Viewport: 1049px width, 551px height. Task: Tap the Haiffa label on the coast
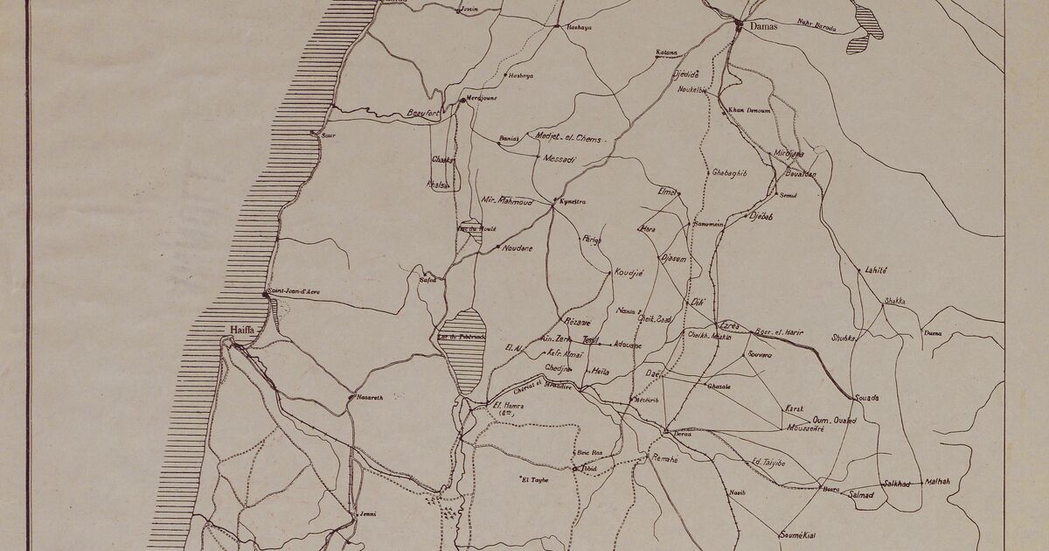pyautogui.click(x=242, y=329)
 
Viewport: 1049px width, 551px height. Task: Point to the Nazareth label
pyautogui.click(x=371, y=397)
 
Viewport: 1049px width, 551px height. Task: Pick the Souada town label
pyautogui.click(x=866, y=398)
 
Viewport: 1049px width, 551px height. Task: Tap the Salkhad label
pyautogui.click(x=896, y=483)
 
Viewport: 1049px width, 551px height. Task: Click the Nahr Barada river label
pyautogui.click(x=816, y=24)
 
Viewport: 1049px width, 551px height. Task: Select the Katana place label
pyautogui.click(x=666, y=52)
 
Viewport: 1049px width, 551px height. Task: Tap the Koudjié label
pyautogui.click(x=629, y=272)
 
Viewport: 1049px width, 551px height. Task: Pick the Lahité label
pyautogui.click(x=876, y=271)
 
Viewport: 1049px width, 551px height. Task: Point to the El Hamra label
pyautogui.click(x=507, y=405)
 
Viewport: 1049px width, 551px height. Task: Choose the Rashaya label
pyautogui.click(x=579, y=28)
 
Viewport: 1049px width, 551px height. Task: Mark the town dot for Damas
pyautogui.click(x=739, y=24)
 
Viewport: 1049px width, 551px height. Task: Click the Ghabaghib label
pyautogui.click(x=729, y=173)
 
